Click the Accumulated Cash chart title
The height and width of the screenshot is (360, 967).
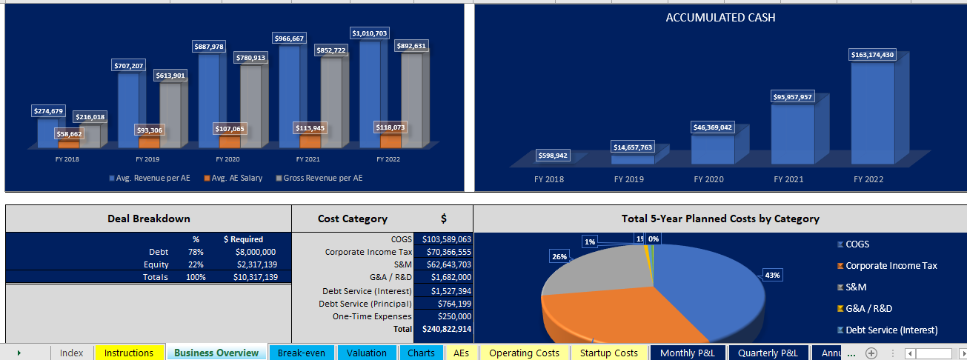720,18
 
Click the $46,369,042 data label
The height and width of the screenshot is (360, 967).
713,127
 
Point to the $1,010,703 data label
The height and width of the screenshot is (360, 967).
370,33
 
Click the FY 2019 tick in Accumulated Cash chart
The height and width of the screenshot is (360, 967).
628,179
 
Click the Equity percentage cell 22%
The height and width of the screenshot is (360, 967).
196,264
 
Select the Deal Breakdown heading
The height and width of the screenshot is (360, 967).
147,219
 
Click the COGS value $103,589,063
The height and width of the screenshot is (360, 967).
446,239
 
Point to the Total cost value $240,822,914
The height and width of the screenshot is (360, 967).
446,328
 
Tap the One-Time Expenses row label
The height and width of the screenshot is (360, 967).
372,316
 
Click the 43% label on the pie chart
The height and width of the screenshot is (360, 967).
772,275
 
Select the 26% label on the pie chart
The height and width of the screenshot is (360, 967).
559,256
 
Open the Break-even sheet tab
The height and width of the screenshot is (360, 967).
301,353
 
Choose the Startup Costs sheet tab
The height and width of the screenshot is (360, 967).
608,353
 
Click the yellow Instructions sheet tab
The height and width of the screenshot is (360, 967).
129,353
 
